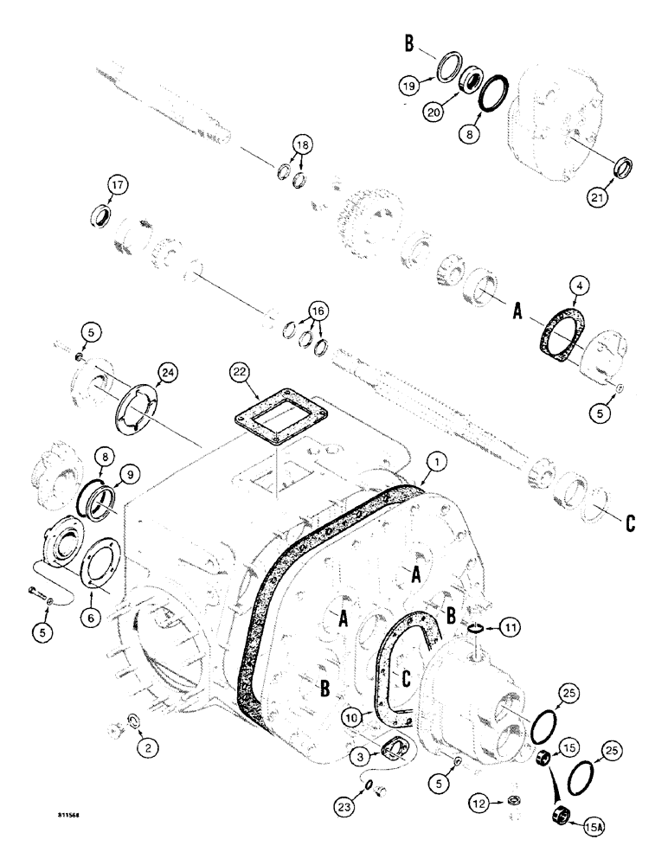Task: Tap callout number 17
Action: [118, 184]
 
